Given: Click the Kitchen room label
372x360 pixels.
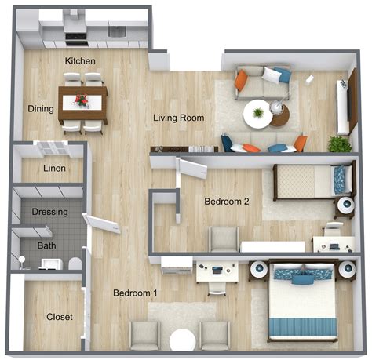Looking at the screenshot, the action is pos(80,61).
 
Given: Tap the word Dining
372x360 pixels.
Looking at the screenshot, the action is pos(41,109).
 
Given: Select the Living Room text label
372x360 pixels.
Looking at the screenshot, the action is pos(179,118).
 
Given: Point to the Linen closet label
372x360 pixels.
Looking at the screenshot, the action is pos(54,168).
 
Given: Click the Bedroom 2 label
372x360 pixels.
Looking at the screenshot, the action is pos(227,202).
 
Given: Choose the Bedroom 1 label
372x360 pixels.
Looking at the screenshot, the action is pos(135,293).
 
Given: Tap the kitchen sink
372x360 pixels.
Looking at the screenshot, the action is pos(117,31).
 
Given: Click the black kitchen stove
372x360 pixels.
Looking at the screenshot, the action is pos(76,39).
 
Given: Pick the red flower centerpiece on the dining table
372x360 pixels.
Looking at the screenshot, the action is pos(82,100).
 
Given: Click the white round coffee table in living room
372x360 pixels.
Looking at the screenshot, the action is pos(257,114).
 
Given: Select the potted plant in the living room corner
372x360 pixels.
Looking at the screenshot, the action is pos(340,144).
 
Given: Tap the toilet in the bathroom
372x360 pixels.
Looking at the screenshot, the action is pos(75,264).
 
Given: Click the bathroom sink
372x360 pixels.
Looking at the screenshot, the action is pos(51,264).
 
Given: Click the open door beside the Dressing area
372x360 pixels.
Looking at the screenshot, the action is pos(101,224).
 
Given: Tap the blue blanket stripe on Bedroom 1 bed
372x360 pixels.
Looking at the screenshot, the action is pos(303,327).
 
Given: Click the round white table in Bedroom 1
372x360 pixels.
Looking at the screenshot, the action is pos(182,340).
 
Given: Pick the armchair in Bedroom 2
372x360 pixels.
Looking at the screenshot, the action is pos(224,239).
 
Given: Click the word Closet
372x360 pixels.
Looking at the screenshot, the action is pos(60,317).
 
